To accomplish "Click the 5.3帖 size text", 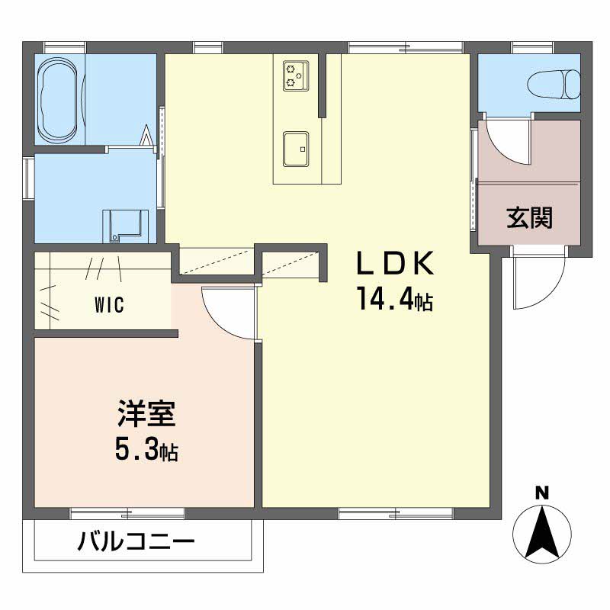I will pyautogui.click(x=146, y=450).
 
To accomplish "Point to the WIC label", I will pyautogui.click(x=110, y=306).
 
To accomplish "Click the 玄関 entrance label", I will pyautogui.click(x=529, y=218).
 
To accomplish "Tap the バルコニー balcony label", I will pyautogui.click(x=136, y=543).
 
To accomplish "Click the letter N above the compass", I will pyautogui.click(x=541, y=493).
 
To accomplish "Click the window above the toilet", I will pyautogui.click(x=533, y=47).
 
